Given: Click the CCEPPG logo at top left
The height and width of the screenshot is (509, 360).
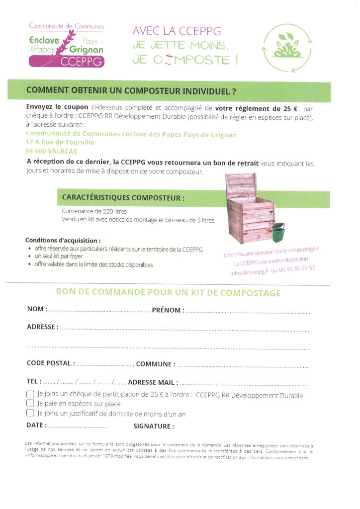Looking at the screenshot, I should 66,45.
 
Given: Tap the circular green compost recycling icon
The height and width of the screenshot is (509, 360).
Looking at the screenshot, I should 288,48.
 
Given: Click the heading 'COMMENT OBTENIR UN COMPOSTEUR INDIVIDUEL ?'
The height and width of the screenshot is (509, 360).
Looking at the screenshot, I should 131,91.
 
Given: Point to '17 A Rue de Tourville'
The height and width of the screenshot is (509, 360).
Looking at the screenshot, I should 60,143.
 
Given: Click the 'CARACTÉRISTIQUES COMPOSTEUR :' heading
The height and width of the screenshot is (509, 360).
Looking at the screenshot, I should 123,197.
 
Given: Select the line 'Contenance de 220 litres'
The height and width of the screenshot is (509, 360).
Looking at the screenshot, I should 94,211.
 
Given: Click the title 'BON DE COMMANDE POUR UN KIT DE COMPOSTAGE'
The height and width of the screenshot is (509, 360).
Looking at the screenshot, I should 168,293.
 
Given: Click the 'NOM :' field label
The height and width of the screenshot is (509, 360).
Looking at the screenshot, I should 37,309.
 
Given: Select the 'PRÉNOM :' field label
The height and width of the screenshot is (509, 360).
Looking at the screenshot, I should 168,310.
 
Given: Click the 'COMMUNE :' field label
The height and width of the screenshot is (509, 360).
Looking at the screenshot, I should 155,364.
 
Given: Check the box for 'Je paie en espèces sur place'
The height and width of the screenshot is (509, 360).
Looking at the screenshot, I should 30,404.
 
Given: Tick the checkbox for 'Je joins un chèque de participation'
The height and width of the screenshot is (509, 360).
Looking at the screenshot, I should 30,394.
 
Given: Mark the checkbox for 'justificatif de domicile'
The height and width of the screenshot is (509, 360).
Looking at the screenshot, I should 30,413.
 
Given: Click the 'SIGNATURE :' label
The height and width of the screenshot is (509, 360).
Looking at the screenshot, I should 153,426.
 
